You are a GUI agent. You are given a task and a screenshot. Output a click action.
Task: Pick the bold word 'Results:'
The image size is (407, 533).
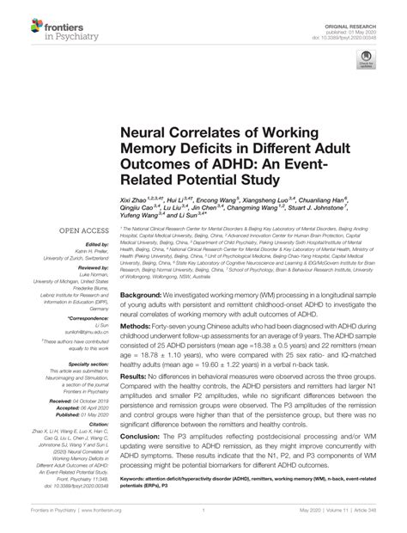(x=140, y=352)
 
